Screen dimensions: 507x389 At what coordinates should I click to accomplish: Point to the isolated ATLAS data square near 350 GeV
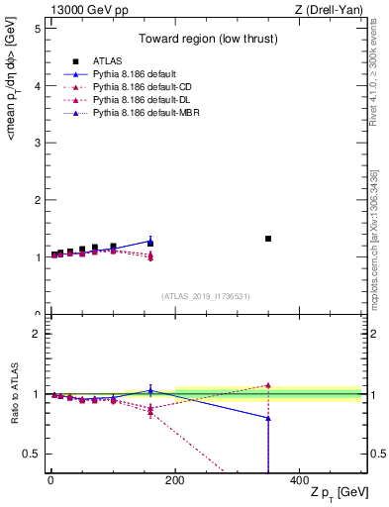pyautogui.click(x=268, y=239)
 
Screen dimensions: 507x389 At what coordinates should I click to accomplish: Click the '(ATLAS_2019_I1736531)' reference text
pyautogui.click(x=205, y=296)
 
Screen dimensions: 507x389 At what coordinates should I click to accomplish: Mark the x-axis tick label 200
pyautogui.click(x=175, y=479)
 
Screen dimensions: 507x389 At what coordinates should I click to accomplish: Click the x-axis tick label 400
pyautogui.click(x=299, y=479)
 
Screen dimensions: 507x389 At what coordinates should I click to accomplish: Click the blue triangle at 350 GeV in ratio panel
pyautogui.click(x=268, y=418)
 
